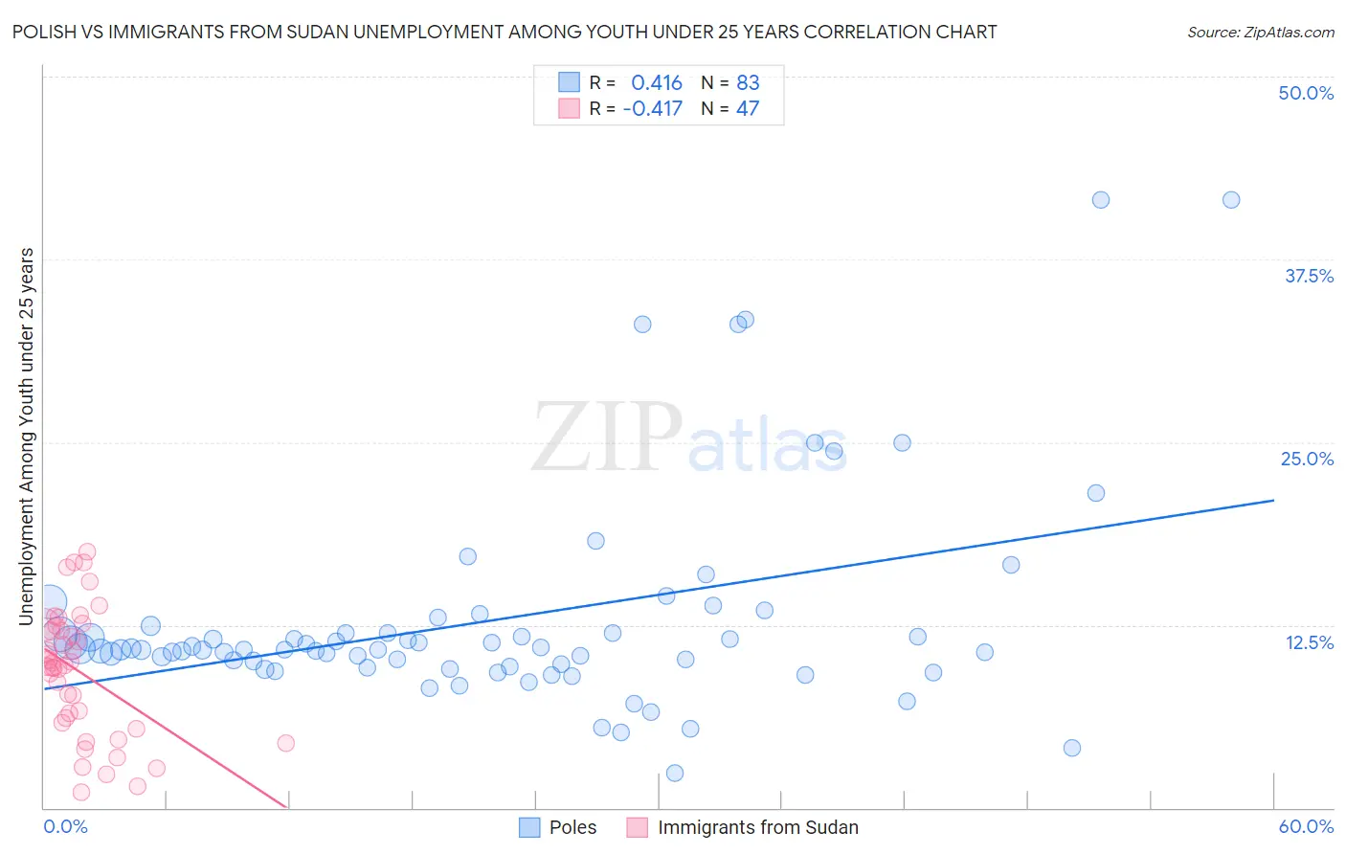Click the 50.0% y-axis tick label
[x=1306, y=93]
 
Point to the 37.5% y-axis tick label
[x=1309, y=276]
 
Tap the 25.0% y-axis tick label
[x=1307, y=459]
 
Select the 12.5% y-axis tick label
[x=1309, y=642]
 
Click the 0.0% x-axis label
[x=65, y=827]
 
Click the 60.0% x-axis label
[x=1306, y=827]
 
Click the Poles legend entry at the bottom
[x=572, y=827]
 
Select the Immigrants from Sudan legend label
[x=757, y=827]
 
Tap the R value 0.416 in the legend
[x=657, y=82]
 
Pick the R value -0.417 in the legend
[x=652, y=108]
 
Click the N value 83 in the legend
[x=748, y=82]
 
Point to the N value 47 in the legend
[x=748, y=108]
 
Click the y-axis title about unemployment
[x=26, y=437]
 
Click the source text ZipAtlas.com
[x=1260, y=33]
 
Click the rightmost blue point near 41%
[x=1231, y=200]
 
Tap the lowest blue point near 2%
[x=675, y=773]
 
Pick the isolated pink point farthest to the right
[x=285, y=743]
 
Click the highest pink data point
[x=87, y=551]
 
